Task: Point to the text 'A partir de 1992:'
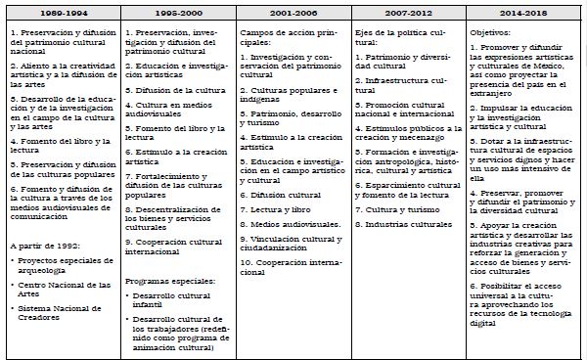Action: [41, 247]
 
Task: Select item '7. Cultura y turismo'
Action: [395, 208]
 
